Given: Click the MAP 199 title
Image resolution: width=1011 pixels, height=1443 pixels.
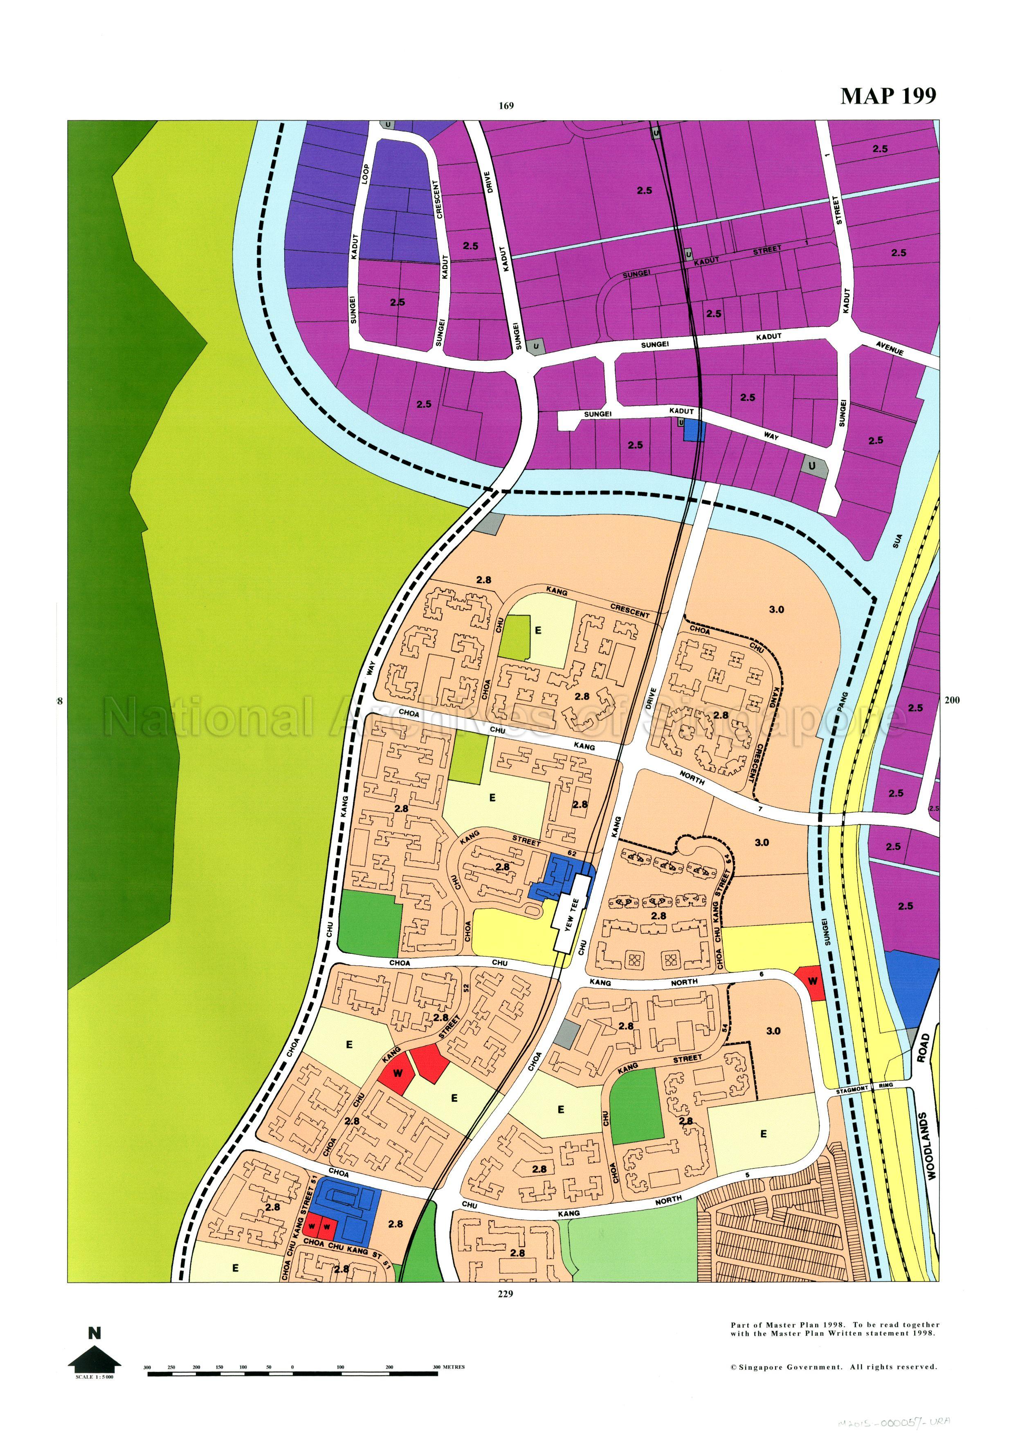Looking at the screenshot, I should (888, 96).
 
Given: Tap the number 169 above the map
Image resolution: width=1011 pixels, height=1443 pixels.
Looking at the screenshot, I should (506, 106).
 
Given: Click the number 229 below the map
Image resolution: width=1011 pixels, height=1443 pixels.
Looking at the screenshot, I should (505, 1293).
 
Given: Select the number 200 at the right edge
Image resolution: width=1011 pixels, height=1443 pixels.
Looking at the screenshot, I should (952, 700).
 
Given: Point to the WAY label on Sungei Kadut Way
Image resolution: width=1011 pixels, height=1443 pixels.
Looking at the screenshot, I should (771, 436).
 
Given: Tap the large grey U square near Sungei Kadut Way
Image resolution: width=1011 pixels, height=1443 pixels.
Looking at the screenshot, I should (811, 466).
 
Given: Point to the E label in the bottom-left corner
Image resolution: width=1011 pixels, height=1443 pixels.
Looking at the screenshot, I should (235, 1268).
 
